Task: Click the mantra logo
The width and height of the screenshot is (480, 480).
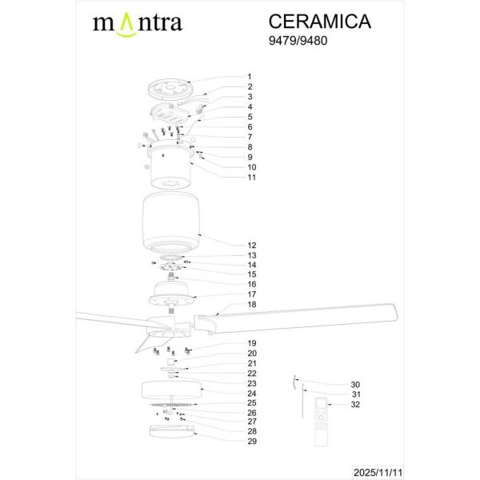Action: tap(138, 23)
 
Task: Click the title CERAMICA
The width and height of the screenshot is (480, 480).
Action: tap(319, 22)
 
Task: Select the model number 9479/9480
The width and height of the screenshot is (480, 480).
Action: tap(302, 44)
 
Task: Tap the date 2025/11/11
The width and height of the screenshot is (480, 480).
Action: tap(442, 471)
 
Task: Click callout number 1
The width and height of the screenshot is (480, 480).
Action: tap(250, 77)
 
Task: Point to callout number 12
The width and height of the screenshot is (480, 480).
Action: tap(251, 245)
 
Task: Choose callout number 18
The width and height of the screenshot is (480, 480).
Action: tap(251, 305)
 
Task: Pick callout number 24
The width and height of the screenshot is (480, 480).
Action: tap(251, 393)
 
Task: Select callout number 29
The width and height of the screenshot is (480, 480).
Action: tap(251, 441)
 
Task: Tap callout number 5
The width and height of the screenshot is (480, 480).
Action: tap(250, 117)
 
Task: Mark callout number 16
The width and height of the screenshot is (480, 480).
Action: tap(251, 284)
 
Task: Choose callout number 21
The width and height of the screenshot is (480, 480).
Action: tap(251, 363)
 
